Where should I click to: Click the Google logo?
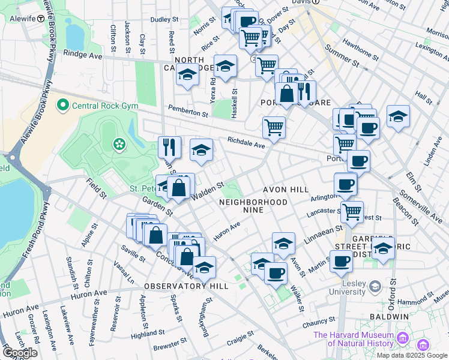[x=20, y=353]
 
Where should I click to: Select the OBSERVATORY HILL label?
[x=186, y=286]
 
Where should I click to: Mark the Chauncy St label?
[x=318, y=323]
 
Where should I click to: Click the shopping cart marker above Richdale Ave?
[x=274, y=127]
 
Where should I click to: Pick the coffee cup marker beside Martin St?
[x=342, y=261]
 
